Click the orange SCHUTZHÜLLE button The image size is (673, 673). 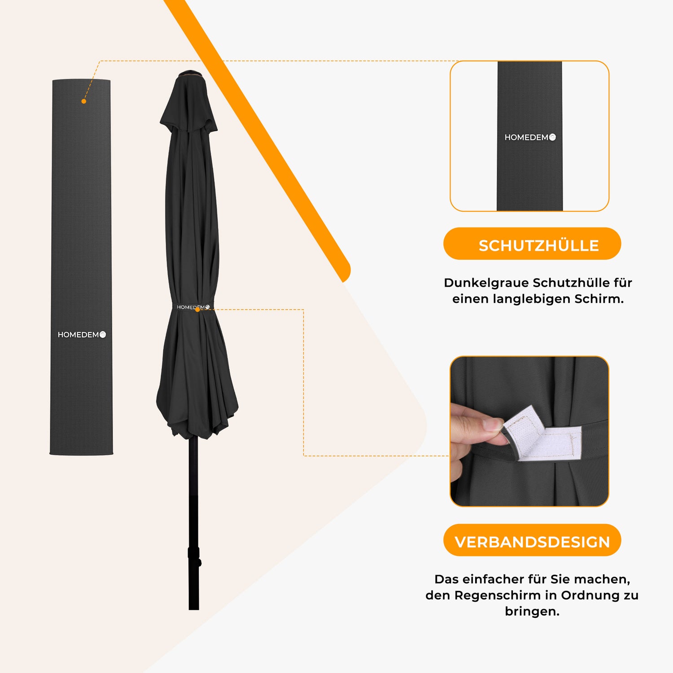(x=532, y=244)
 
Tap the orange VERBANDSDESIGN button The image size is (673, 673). (x=532, y=540)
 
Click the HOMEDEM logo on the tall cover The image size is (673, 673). (x=82, y=335)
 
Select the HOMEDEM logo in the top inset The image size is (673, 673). (x=530, y=137)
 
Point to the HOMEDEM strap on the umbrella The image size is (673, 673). (x=193, y=307)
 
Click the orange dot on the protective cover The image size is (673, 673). (x=83, y=101)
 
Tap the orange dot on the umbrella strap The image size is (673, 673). (x=197, y=310)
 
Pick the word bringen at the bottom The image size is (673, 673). (x=532, y=612)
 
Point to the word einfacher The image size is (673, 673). (x=493, y=579)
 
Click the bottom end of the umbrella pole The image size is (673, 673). (x=194, y=609)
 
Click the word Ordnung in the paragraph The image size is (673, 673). (x=589, y=595)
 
